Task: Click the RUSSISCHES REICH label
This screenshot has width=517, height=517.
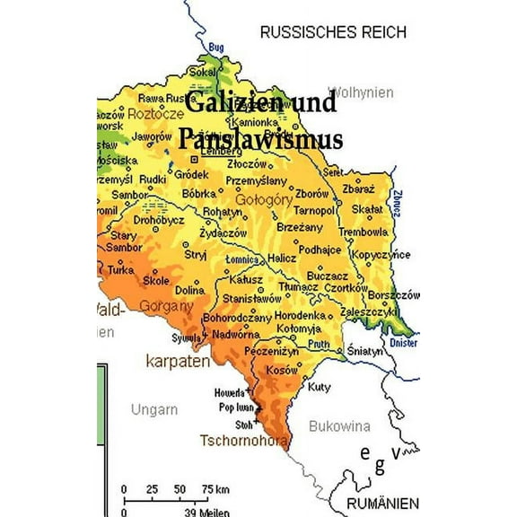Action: pyautogui.click(x=333, y=32)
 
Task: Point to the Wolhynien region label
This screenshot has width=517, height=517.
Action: pyautogui.click(x=361, y=92)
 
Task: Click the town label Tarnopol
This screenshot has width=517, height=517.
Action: pyautogui.click(x=314, y=210)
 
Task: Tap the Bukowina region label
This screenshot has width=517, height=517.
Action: pyautogui.click(x=339, y=426)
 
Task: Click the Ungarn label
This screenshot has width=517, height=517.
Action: pyautogui.click(x=153, y=409)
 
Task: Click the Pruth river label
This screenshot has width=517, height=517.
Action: pyautogui.click(x=319, y=343)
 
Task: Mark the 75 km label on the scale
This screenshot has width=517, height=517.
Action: pyautogui.click(x=215, y=488)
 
